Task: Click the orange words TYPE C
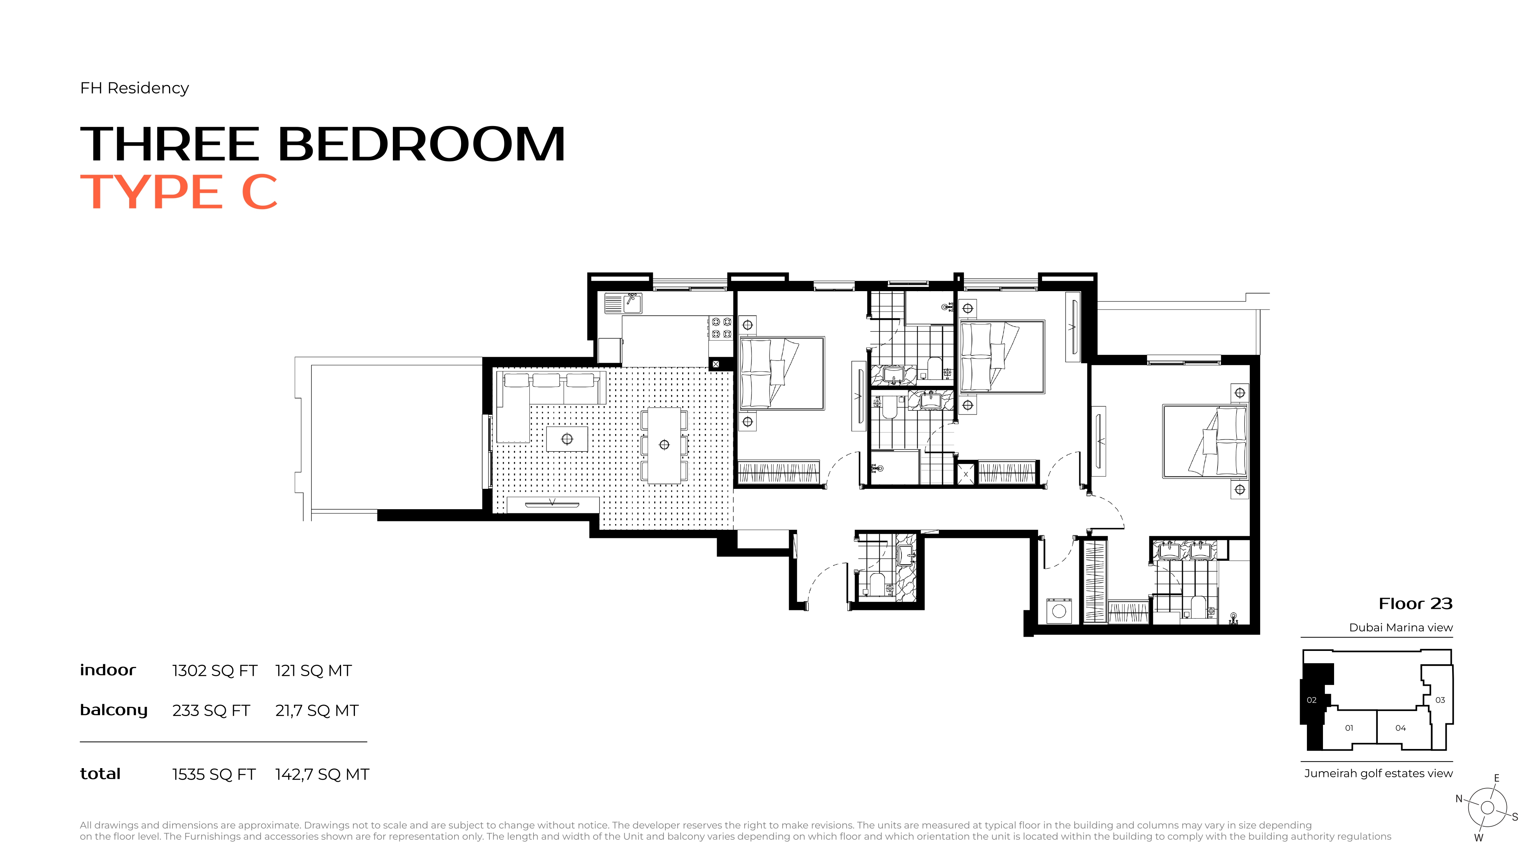point(179,192)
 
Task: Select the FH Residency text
point(135,88)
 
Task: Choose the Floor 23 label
point(1416,604)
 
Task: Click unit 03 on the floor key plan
point(1440,700)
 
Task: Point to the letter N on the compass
point(1459,799)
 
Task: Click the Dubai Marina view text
point(1401,628)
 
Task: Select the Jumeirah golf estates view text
point(1378,774)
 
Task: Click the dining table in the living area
point(664,445)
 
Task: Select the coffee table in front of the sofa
point(567,439)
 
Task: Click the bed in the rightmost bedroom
point(1205,441)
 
